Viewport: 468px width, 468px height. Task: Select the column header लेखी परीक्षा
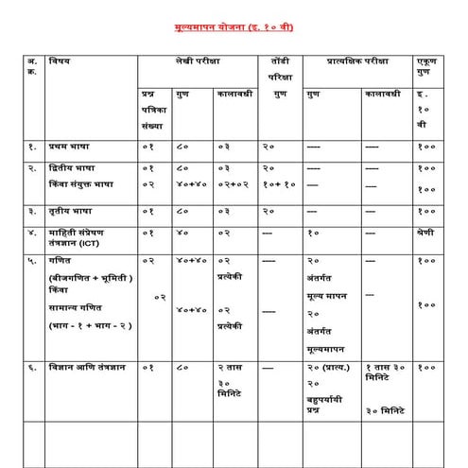tap(197, 63)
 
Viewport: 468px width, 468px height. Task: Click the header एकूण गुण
tap(426, 67)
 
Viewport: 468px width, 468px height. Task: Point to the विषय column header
tap(62, 62)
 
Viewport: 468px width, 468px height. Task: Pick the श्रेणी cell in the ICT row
tap(426, 231)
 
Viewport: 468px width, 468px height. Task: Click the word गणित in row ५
tap(63, 259)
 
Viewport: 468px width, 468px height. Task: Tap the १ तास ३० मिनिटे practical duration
tap(386, 371)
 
